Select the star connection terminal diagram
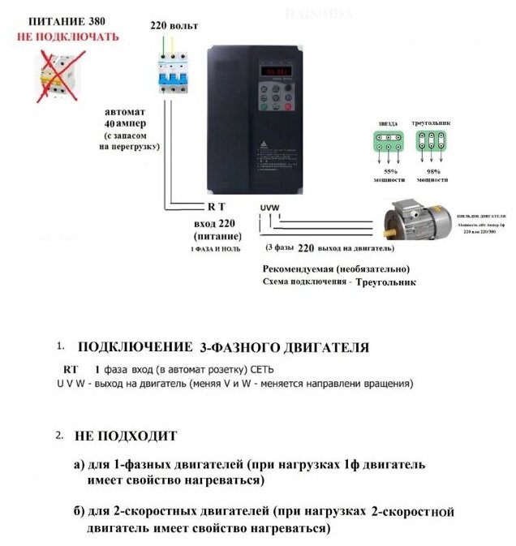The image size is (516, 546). [x=388, y=140]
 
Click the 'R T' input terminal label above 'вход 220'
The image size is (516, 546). [x=217, y=207]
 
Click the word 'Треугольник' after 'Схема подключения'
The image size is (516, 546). [x=385, y=283]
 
